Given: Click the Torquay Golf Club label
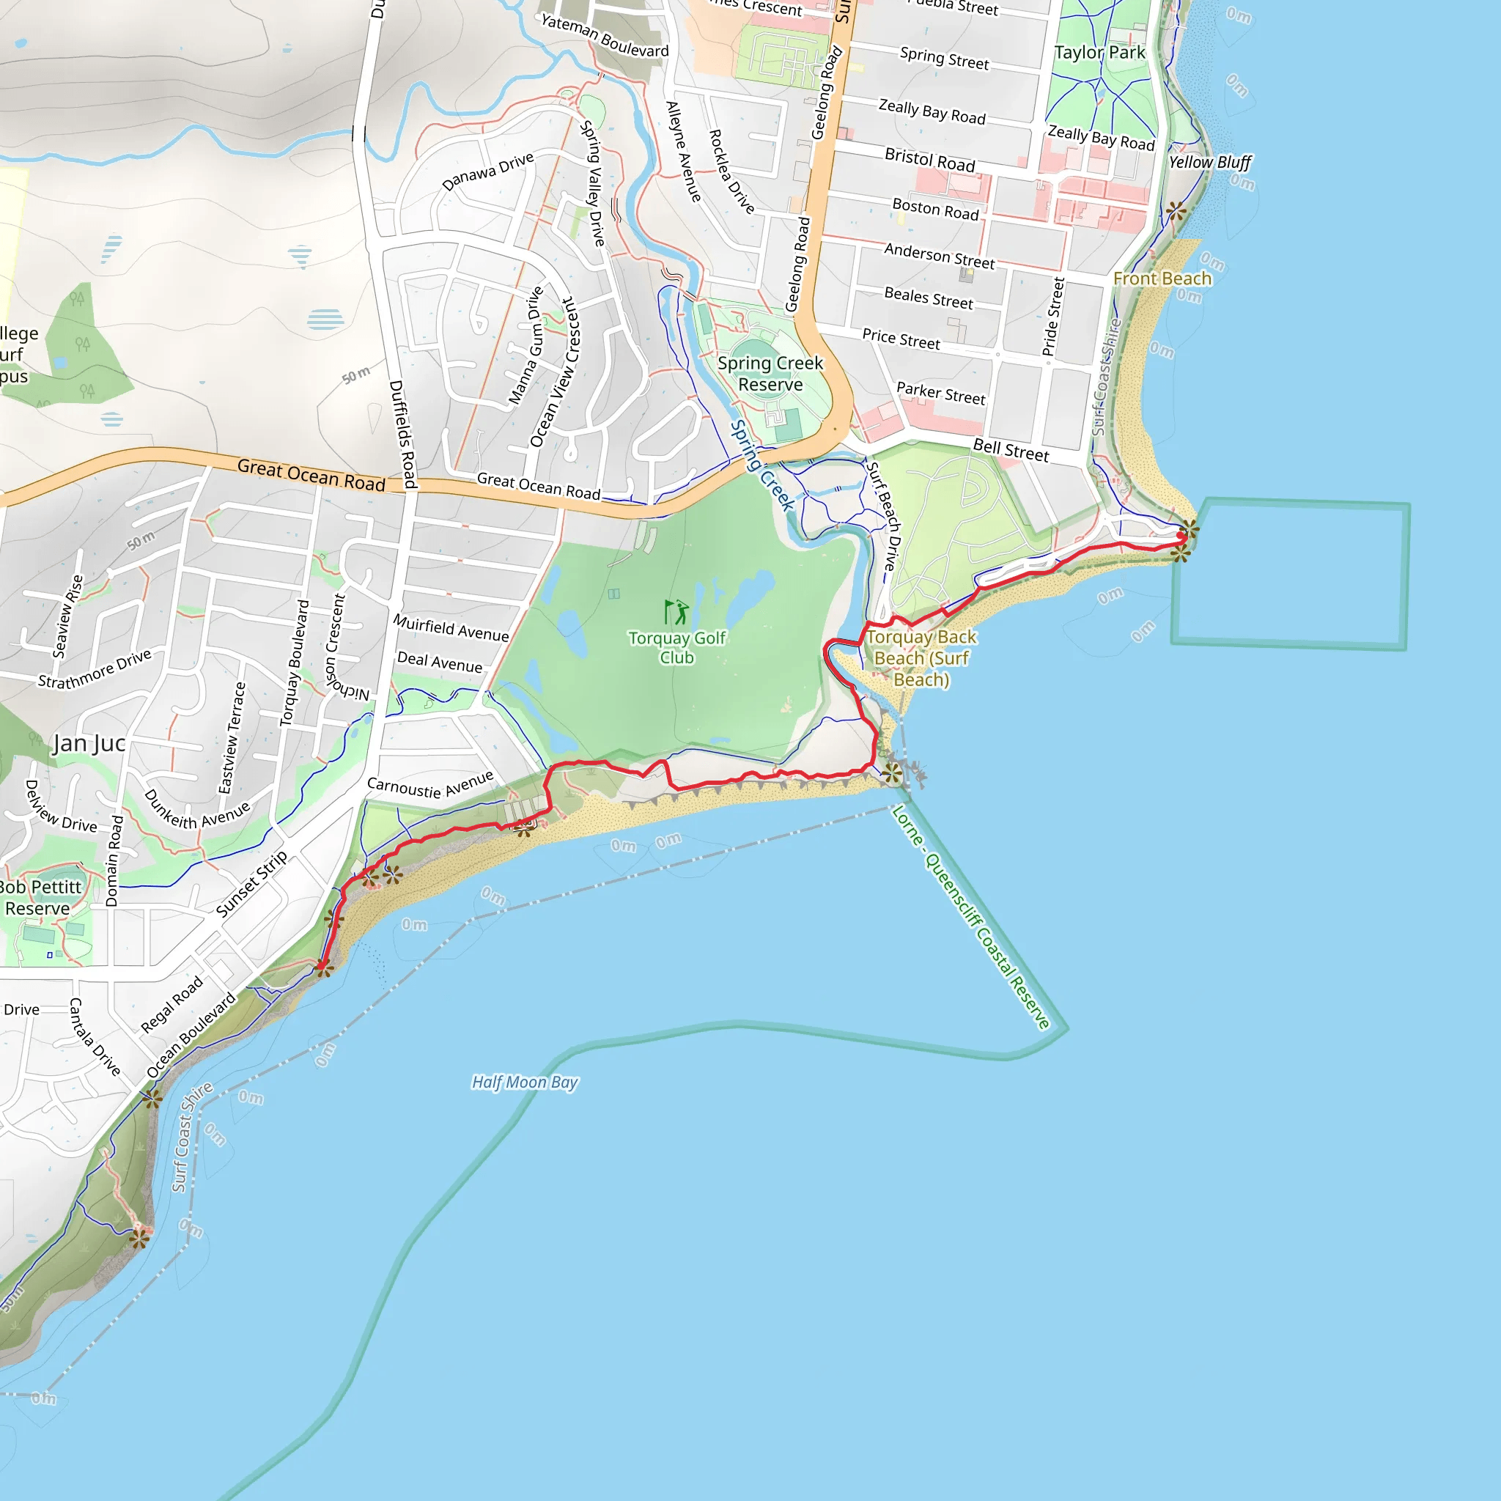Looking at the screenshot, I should (x=676, y=647).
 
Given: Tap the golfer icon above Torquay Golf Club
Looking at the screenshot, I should (x=676, y=612).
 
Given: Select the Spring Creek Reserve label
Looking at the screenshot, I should (x=770, y=374).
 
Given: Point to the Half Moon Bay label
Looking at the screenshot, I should (x=525, y=1083).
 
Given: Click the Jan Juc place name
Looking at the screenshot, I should (x=89, y=743).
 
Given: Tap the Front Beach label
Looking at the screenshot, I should (x=1162, y=278).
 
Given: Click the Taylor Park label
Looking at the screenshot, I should (x=1099, y=53).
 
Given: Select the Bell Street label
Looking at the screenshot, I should (x=1010, y=449).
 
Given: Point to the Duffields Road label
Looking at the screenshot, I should (x=402, y=434).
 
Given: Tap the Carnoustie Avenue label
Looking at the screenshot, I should (x=429, y=786).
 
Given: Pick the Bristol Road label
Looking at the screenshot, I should (x=929, y=160).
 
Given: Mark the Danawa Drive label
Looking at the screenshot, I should (x=487, y=172).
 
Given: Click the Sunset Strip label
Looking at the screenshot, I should (x=251, y=883).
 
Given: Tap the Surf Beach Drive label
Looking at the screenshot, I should (x=883, y=516).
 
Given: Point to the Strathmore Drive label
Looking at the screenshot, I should (x=95, y=669).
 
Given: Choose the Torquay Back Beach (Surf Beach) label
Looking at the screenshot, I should (x=921, y=658).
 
